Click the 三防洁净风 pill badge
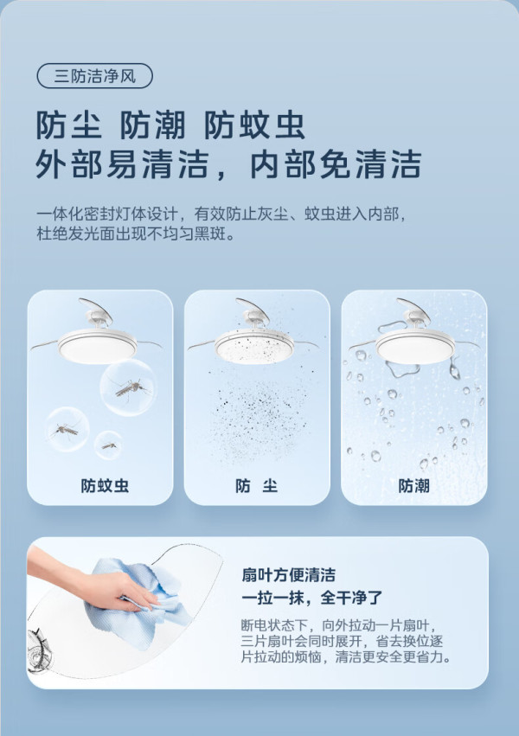click(95, 76)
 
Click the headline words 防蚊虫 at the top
click(255, 125)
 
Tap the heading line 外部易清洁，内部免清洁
click(228, 163)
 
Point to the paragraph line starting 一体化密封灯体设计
click(221, 214)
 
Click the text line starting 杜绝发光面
click(136, 234)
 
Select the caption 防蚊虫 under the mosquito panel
click(105, 486)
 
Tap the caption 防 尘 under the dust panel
click(256, 486)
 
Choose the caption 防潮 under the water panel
click(413, 486)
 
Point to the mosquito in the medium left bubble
click(67, 430)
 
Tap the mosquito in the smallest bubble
click(109, 445)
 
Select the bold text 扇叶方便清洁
click(289, 575)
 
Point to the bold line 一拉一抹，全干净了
click(312, 598)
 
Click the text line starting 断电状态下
click(339, 625)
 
